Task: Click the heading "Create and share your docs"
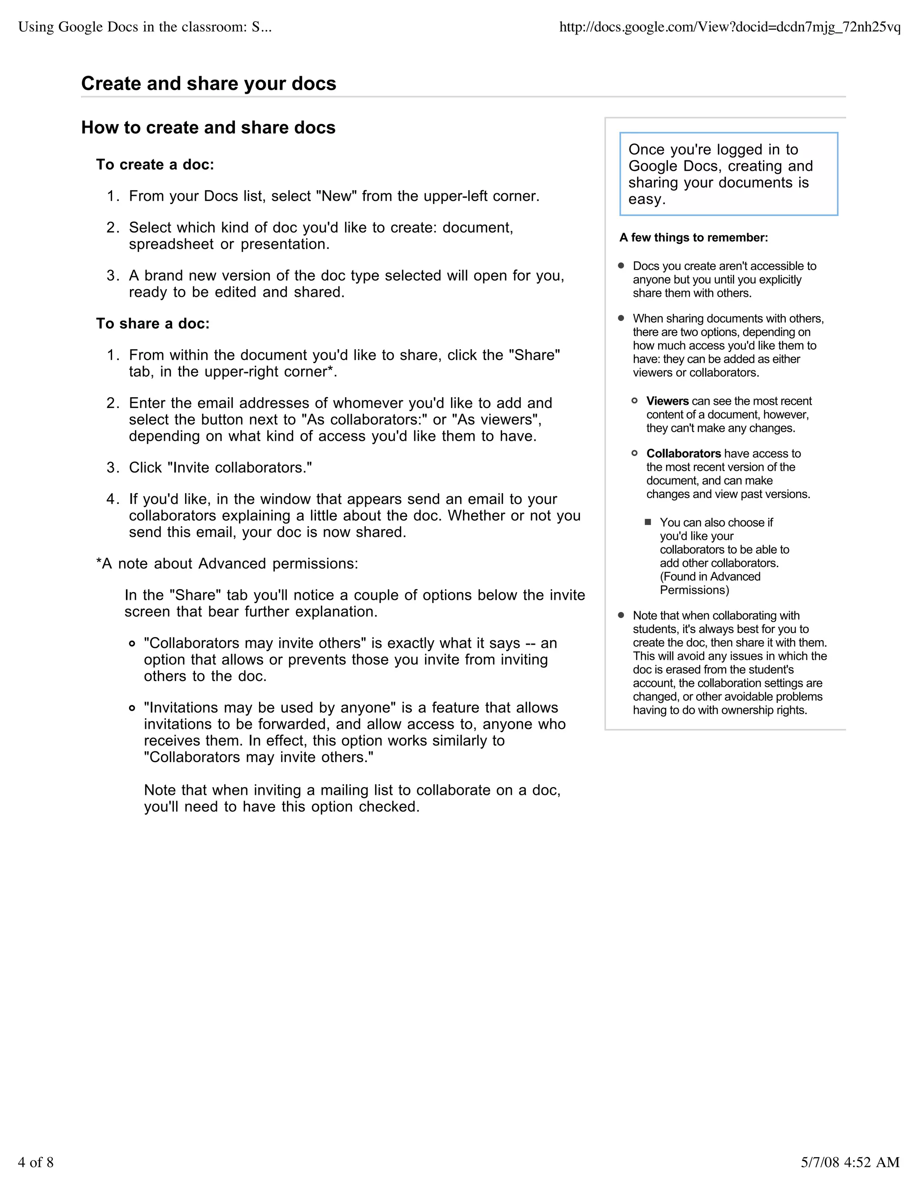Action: coord(208,84)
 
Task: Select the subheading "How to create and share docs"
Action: coord(208,128)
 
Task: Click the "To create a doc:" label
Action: coord(155,165)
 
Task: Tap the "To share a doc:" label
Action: coord(153,324)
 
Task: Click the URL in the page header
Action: coord(730,27)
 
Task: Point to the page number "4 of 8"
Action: coord(36,1162)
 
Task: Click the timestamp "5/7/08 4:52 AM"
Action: coord(850,1162)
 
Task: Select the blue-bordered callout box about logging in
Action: coord(728,174)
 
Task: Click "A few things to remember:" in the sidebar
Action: coord(693,238)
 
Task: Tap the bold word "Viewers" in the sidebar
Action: coord(667,401)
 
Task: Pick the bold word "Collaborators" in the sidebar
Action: coord(683,454)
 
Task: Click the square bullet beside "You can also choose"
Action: coord(648,522)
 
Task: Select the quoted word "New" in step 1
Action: coord(336,196)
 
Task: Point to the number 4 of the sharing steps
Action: coord(112,499)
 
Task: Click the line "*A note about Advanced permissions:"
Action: coord(227,564)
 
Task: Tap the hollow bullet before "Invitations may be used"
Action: coord(132,708)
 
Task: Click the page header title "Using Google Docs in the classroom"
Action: coord(144,27)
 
